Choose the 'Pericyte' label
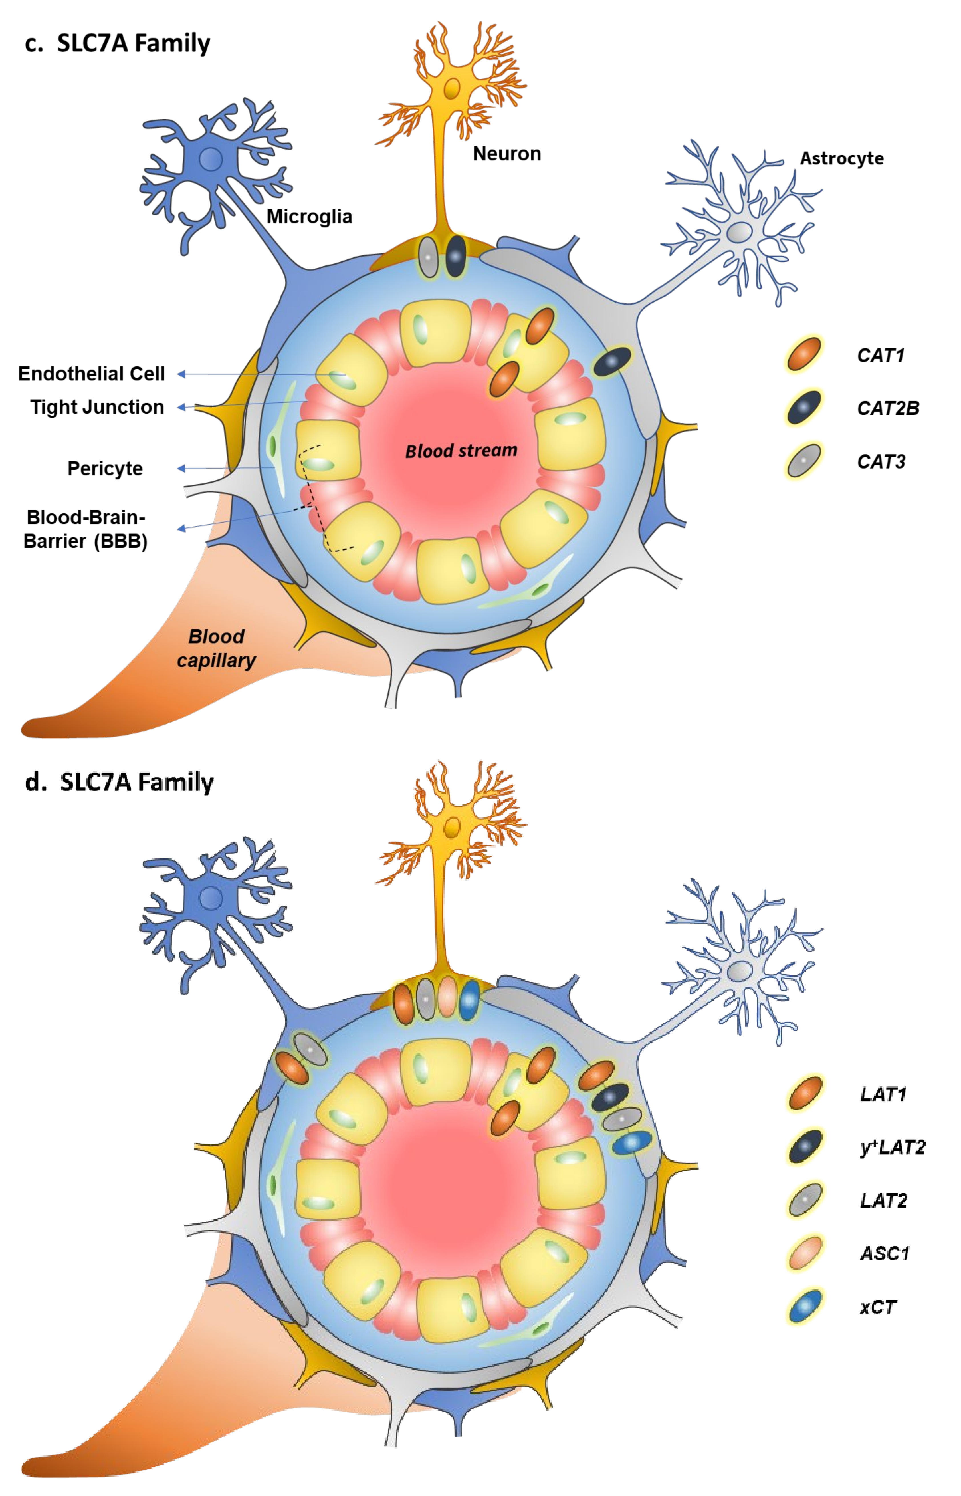click(x=105, y=468)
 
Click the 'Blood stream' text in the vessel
click(x=461, y=451)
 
